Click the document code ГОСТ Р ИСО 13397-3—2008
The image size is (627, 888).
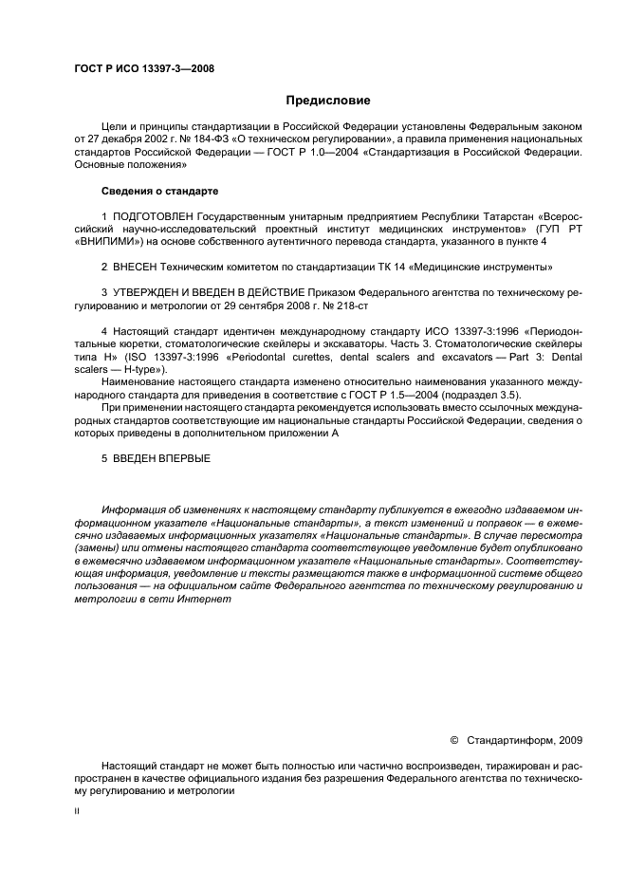143,69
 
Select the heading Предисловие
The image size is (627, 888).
328,101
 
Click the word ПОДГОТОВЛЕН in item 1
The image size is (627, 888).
154,217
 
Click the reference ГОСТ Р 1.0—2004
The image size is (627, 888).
275,151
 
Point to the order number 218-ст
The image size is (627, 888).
346,306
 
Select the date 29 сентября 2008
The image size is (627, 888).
270,306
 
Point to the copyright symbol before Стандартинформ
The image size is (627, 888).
454,739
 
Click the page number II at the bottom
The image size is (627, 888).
78,811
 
